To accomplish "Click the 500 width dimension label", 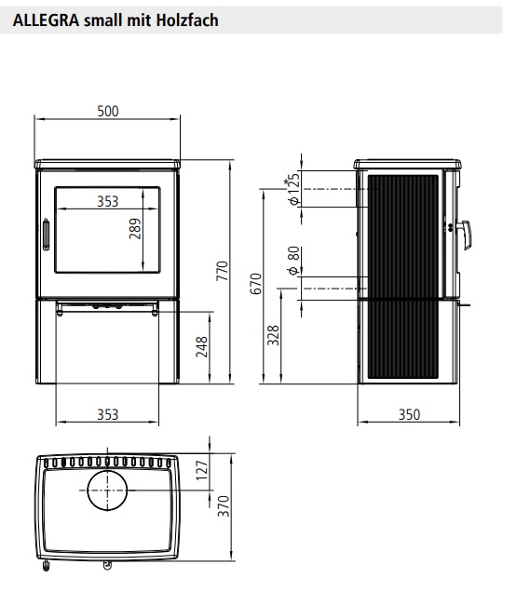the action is point(108,111).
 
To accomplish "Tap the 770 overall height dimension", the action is point(223,271).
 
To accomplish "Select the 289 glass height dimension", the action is point(135,229).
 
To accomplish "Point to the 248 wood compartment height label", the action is point(202,346).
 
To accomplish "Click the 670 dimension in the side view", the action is point(256,284).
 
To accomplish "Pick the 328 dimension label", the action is point(273,335).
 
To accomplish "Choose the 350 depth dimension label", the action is point(409,414).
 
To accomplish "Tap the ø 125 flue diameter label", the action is point(293,189).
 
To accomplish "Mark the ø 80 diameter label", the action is point(293,261).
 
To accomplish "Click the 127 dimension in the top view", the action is point(202,470).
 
